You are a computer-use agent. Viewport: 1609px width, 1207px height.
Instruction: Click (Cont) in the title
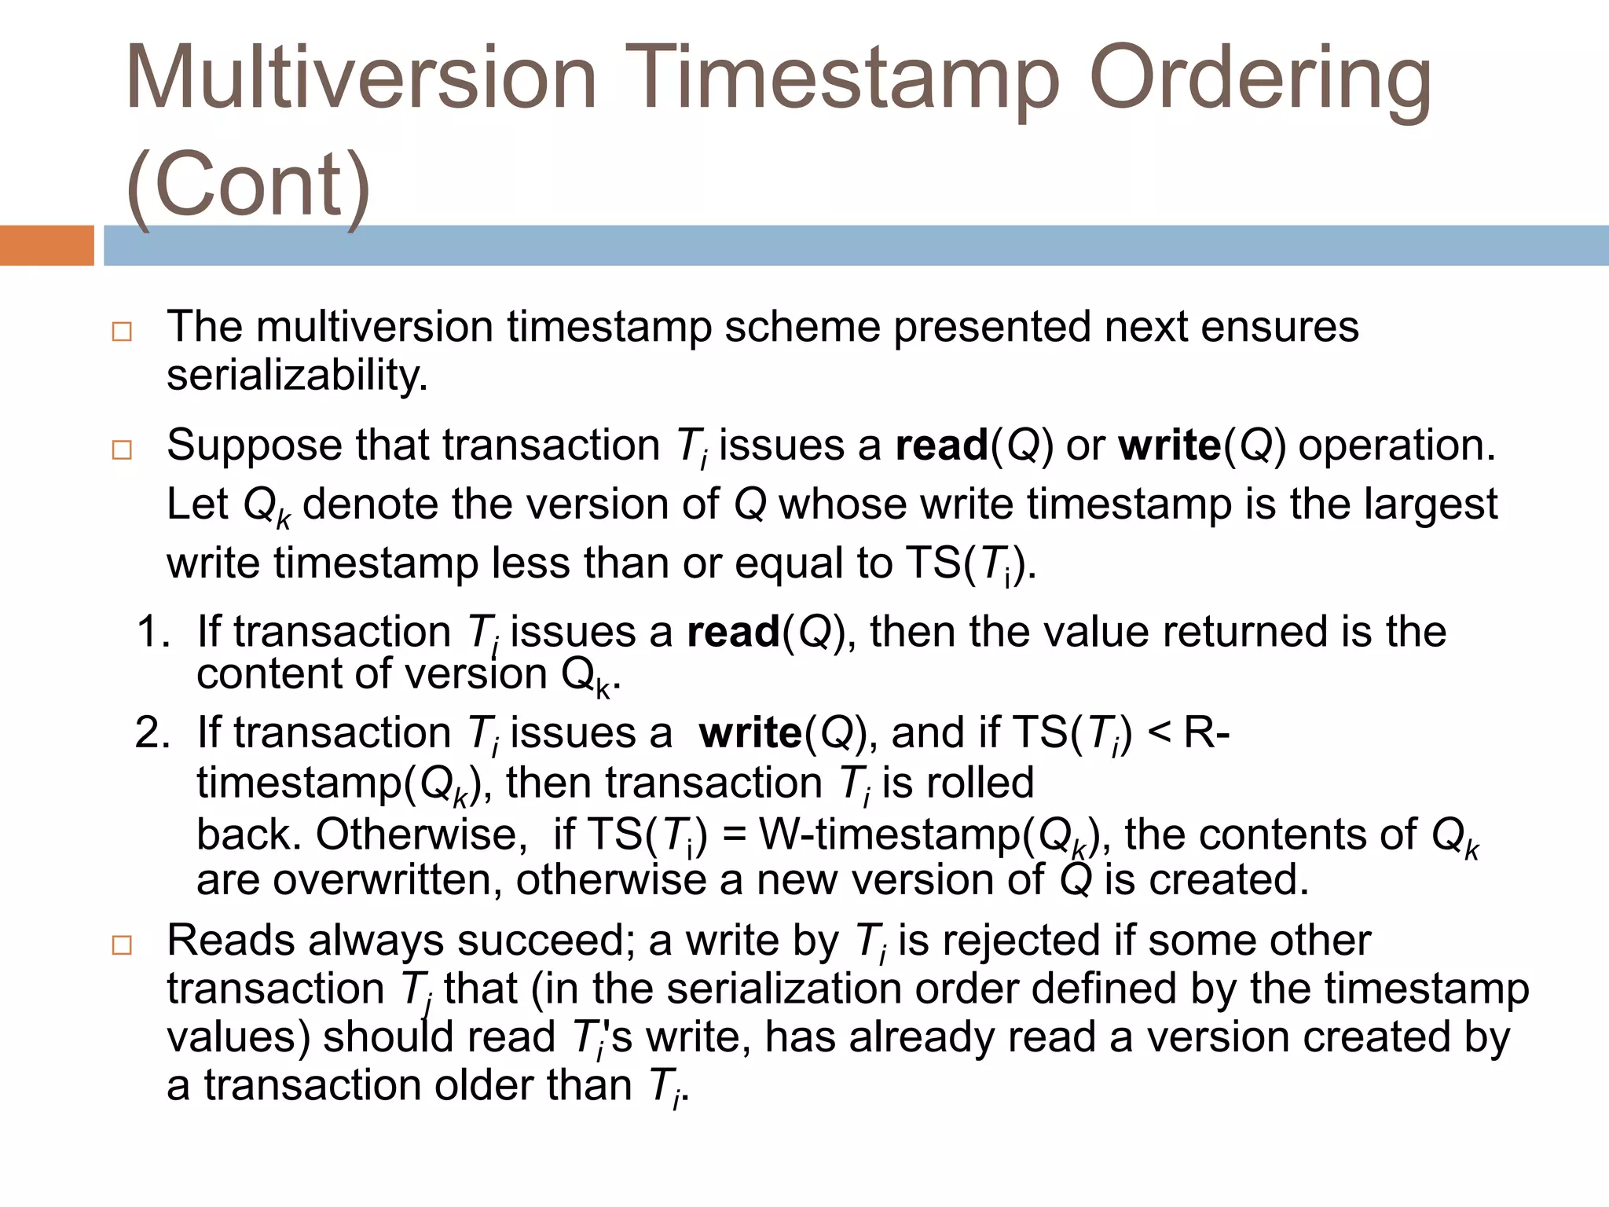point(248,185)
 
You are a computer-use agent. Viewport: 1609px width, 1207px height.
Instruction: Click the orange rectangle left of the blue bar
point(46,245)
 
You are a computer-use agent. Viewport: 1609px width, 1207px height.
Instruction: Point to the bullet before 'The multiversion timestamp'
point(122,331)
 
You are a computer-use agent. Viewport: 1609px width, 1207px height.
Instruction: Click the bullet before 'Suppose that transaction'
point(122,449)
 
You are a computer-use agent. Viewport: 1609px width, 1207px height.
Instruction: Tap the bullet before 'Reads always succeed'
point(122,945)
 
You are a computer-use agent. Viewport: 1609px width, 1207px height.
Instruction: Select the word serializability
point(297,376)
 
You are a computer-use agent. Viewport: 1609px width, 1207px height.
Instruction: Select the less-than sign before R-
point(1159,734)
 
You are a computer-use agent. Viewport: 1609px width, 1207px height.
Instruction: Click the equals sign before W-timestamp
point(734,835)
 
